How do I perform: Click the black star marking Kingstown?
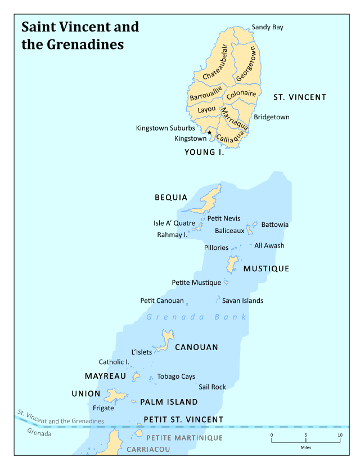coord(210,133)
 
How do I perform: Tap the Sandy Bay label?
coord(267,27)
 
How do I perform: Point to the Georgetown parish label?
coord(246,64)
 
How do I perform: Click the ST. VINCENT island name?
coord(300,97)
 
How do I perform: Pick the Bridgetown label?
coord(271,117)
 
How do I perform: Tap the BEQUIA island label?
coord(171,198)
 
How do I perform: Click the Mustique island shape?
coord(232,264)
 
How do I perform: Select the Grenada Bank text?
coord(196,317)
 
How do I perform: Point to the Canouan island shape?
coord(166,339)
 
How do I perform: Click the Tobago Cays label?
coord(176,377)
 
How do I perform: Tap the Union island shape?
coord(116,396)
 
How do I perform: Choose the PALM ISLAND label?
coord(169,402)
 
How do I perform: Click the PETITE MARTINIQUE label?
coord(184,438)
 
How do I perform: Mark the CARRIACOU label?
coord(148,450)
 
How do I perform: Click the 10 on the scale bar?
coord(340,435)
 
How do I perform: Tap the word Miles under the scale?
coord(306,447)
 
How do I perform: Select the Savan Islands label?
coord(242,301)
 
